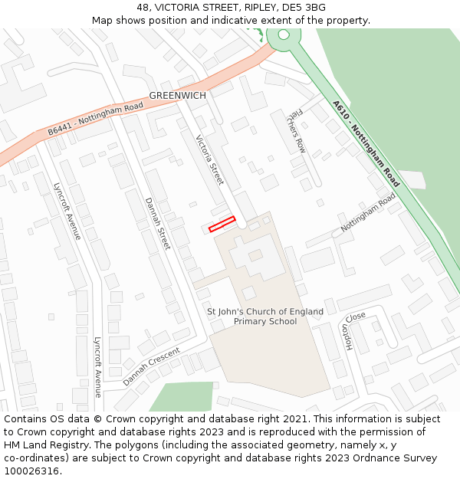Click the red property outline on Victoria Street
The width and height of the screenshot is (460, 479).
[222, 224]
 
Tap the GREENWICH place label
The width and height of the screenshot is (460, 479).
[178, 96]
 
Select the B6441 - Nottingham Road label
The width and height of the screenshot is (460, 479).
[95, 120]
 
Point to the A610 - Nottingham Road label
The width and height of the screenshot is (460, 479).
[366, 144]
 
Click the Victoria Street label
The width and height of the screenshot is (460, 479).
[209, 160]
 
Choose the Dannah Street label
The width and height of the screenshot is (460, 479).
[157, 223]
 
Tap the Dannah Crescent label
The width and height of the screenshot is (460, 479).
[151, 366]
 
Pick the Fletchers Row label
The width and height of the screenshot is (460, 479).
[296, 130]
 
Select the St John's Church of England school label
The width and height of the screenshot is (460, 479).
[264, 317]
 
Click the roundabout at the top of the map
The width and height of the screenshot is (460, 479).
[284, 34]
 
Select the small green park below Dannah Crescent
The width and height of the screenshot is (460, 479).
[182, 397]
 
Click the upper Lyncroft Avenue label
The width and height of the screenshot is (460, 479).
[67, 211]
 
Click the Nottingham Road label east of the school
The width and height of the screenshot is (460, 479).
[368, 212]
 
